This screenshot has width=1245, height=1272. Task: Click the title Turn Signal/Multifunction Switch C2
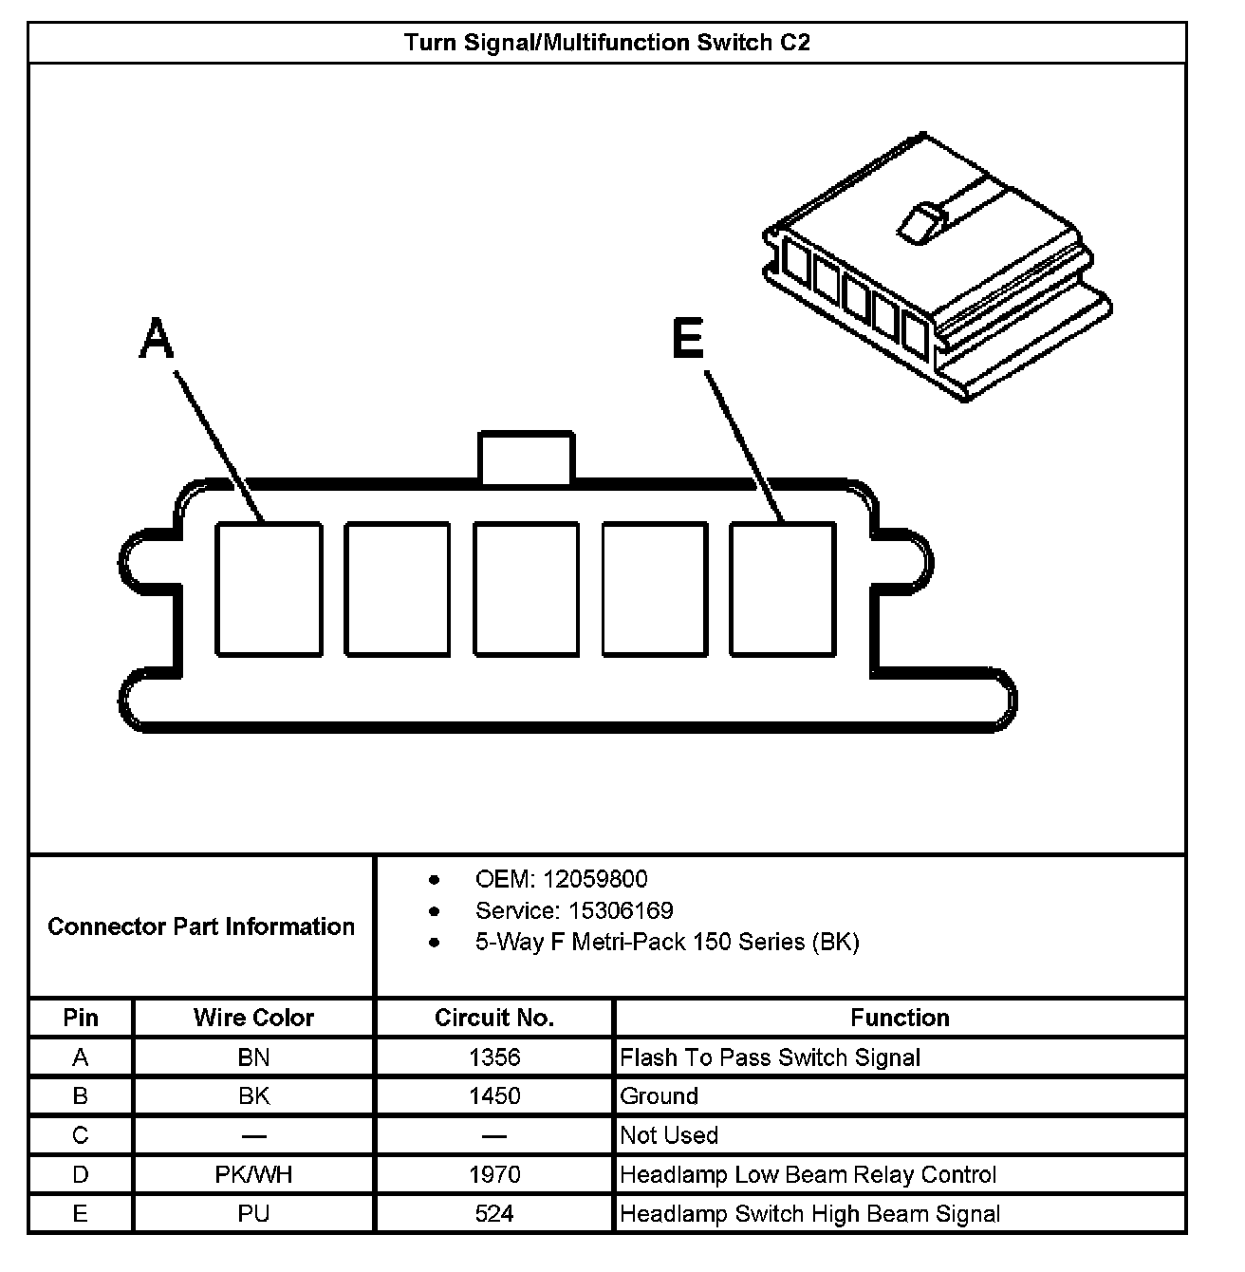[607, 43]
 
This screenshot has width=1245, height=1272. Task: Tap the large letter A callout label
[157, 339]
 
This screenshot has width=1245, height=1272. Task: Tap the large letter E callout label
[688, 339]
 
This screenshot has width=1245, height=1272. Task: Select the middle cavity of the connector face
[526, 589]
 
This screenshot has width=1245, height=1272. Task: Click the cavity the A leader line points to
[269, 589]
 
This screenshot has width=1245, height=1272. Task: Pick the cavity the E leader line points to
[783, 589]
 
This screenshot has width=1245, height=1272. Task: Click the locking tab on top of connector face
[526, 458]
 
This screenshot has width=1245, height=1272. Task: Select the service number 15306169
[621, 911]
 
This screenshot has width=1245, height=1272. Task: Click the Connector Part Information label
[201, 926]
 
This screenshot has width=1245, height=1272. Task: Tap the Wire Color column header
[253, 1018]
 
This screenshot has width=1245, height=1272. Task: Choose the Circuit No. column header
[494, 1018]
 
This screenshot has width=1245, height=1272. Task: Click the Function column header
[900, 1018]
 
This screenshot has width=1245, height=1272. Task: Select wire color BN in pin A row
[253, 1057]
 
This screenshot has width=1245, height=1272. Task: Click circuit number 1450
[494, 1096]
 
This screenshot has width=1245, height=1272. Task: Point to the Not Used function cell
[669, 1135]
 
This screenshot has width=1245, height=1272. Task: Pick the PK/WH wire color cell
[253, 1175]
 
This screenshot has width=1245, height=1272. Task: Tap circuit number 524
[494, 1214]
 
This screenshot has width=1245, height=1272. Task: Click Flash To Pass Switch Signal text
[770, 1057]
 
